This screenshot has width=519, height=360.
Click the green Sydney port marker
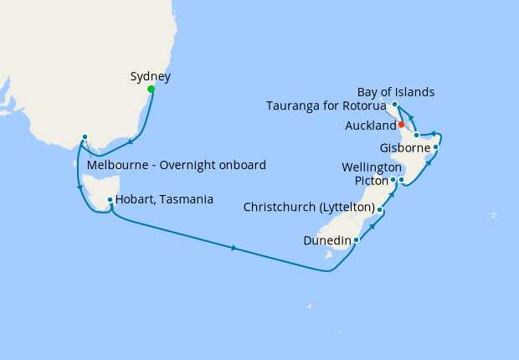coord(151,89)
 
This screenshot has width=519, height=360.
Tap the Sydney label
coord(151,77)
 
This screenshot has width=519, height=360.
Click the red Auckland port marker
coord(402,125)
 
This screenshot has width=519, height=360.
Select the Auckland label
coord(370,126)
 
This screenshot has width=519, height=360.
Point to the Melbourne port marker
coord(85,136)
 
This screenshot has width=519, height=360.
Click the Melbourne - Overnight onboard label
coord(177,165)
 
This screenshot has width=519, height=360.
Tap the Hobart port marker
coord(110,198)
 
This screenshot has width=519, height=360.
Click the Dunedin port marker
coord(357,240)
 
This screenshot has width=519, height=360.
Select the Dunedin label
coord(326,241)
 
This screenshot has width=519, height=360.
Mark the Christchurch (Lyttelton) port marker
coord(380,209)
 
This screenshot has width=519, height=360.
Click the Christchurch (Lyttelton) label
coord(308,207)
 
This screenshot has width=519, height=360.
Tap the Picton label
coord(370,180)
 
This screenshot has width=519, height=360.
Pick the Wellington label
coord(372,167)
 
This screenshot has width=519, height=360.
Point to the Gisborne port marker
coord(436,147)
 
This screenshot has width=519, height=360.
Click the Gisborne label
coord(405,148)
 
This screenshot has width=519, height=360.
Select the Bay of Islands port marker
coord(393,105)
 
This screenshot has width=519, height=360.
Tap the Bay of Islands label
coord(396,91)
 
